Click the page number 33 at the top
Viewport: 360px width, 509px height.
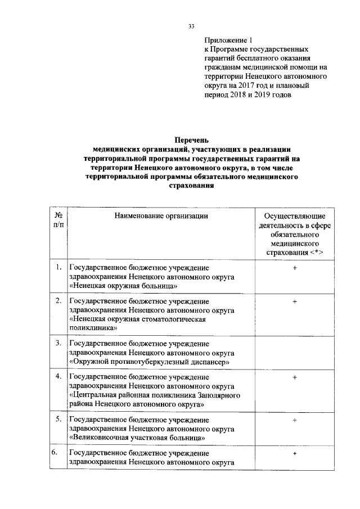(191, 26)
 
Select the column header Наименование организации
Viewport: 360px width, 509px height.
(161, 215)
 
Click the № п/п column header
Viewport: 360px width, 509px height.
(58, 220)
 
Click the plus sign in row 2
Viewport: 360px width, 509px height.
(294, 302)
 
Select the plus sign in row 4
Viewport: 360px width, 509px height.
(294, 377)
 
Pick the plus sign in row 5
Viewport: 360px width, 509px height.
(294, 420)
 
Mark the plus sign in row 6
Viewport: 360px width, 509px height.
(294, 453)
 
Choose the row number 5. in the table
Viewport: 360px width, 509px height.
(58, 420)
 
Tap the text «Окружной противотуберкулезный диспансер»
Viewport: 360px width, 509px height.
(151, 362)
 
